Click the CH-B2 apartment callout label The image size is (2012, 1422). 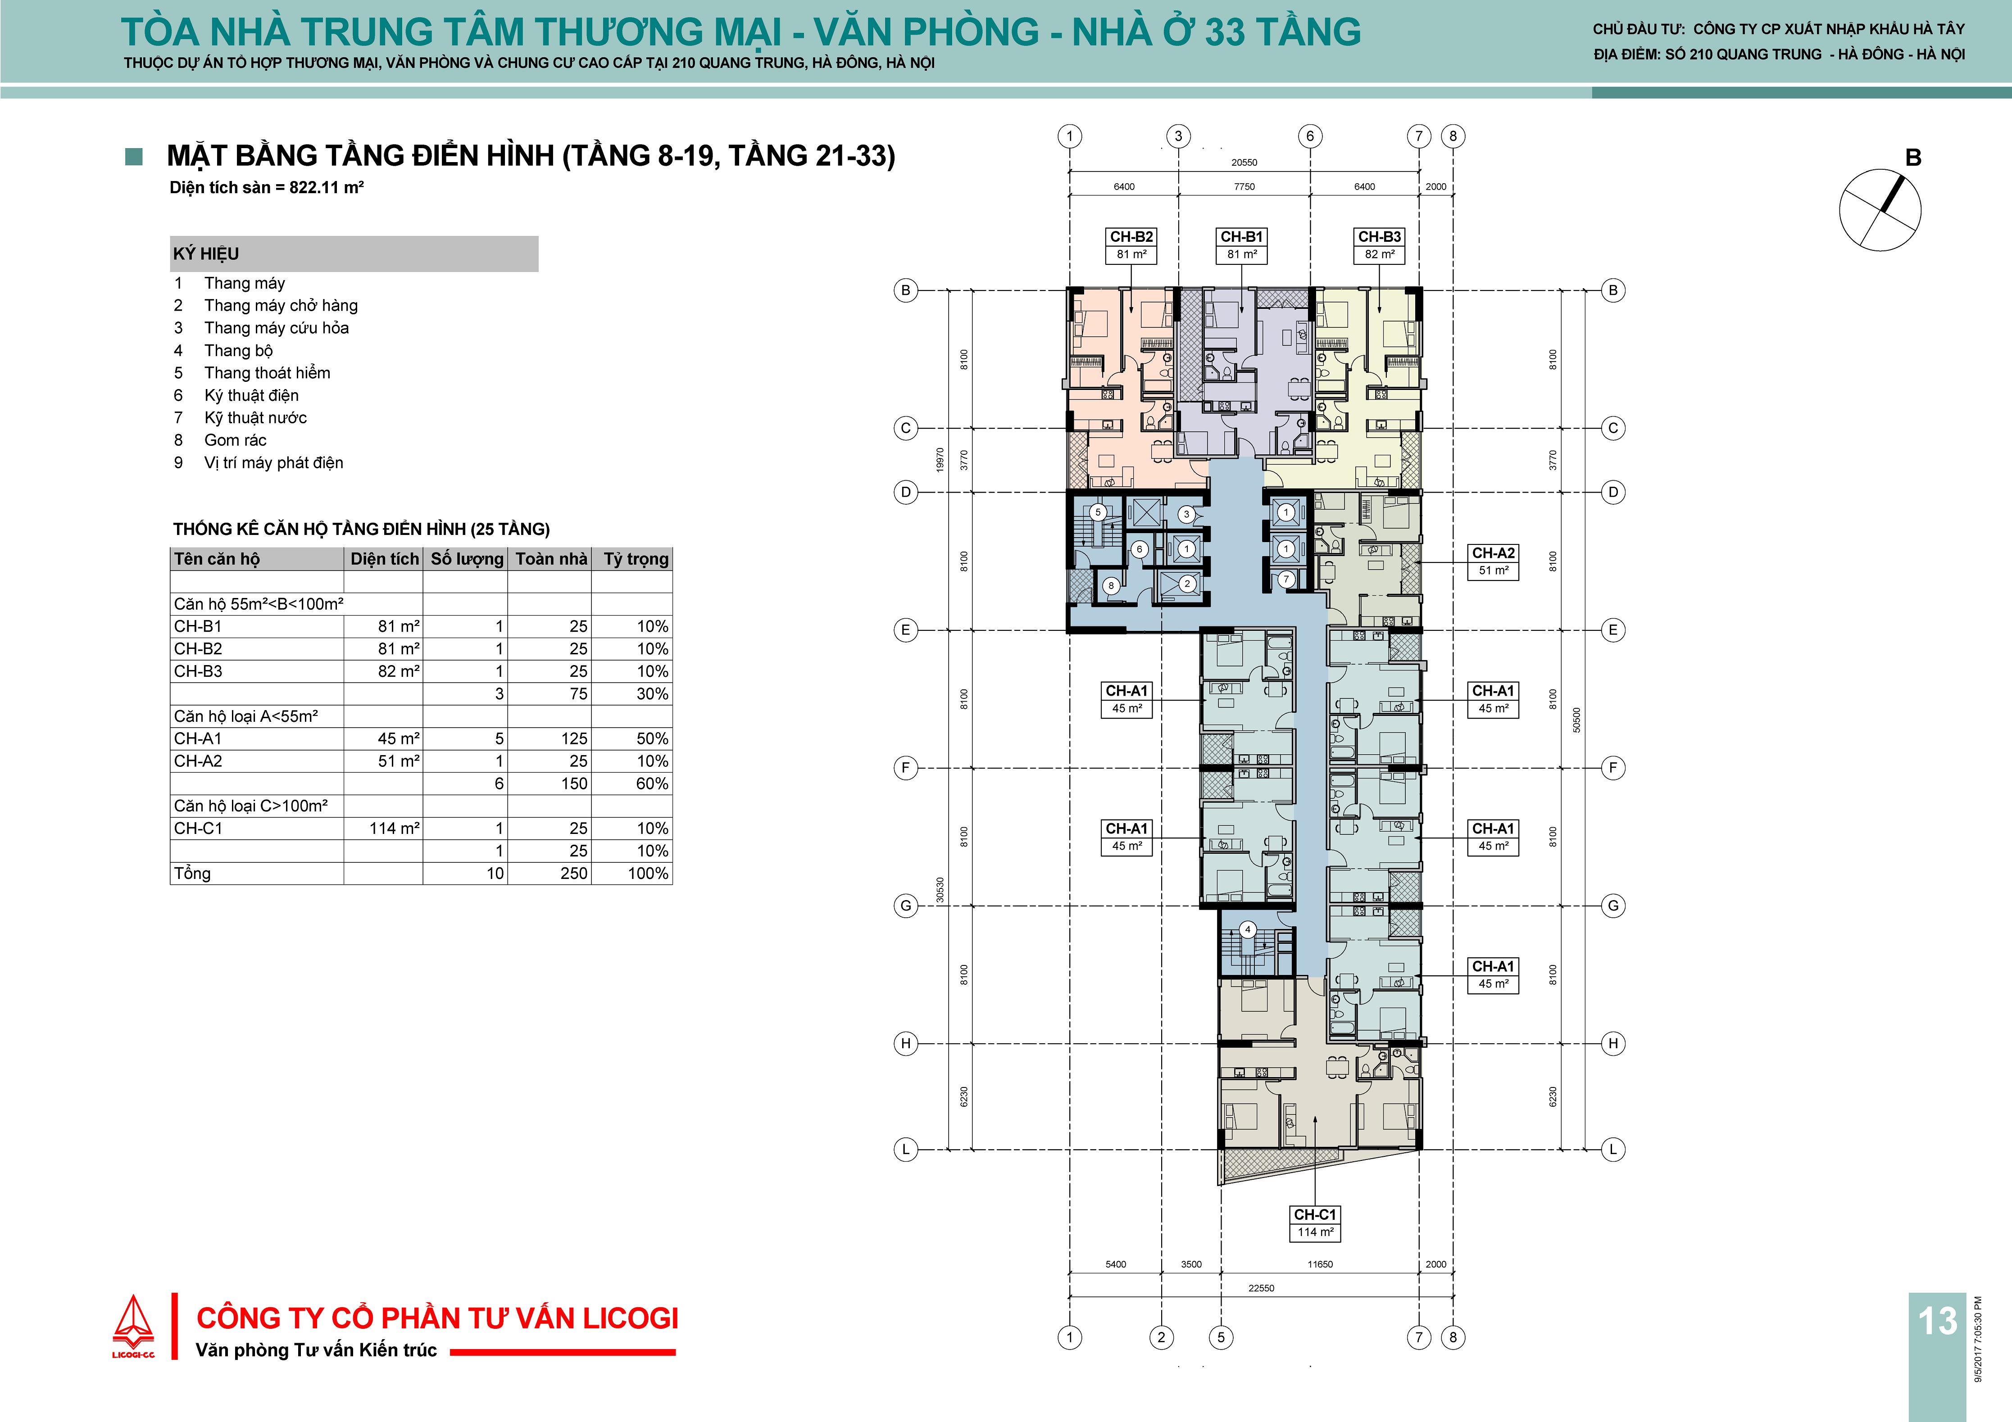(1131, 245)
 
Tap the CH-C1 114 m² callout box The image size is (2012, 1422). (1315, 1223)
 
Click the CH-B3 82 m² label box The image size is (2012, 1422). (1379, 245)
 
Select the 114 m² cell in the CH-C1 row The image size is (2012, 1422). (395, 828)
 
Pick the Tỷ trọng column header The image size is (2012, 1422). (636, 559)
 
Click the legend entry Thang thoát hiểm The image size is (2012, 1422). (267, 372)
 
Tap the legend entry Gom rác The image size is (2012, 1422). (235, 440)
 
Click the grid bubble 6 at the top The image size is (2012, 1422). (1310, 136)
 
